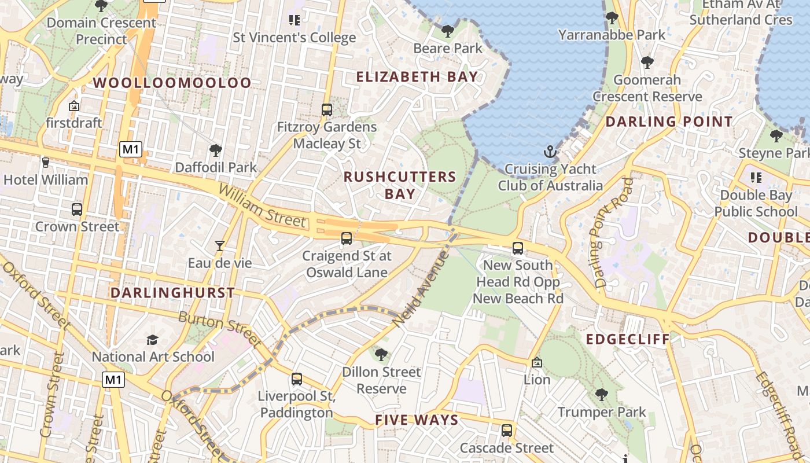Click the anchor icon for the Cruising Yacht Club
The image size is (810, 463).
[x=550, y=152]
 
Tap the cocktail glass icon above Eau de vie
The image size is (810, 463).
[x=219, y=246]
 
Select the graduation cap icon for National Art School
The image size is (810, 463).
[x=152, y=340]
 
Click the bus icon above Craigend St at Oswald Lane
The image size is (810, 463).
[x=347, y=238]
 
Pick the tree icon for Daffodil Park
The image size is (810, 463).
[x=216, y=151]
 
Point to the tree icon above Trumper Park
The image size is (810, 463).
[x=602, y=395]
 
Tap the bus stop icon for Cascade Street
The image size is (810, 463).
[x=507, y=431]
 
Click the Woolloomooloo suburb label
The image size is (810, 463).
[x=172, y=83]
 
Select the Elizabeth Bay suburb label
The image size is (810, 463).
[x=417, y=76]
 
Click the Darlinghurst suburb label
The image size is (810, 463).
[x=172, y=293]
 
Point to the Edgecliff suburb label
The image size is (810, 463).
[x=628, y=339]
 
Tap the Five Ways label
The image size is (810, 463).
[x=417, y=420]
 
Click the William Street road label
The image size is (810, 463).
[x=262, y=205]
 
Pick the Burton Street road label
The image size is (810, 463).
[x=220, y=330]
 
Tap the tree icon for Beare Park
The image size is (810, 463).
[x=447, y=31]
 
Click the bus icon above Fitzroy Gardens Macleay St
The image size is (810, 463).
[x=327, y=109]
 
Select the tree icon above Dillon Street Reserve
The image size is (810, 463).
[x=381, y=354]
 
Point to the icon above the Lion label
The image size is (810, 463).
[x=537, y=363]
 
